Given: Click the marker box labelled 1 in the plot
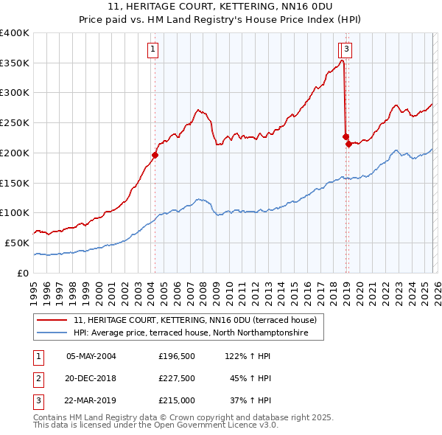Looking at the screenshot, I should [152, 50].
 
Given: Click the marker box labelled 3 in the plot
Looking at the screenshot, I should [346, 50].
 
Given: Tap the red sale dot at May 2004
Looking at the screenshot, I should [155, 155].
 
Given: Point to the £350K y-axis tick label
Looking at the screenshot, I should [15, 63].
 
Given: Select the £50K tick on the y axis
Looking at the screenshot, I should [18, 243].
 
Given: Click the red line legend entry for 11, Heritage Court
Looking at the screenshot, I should [194, 320].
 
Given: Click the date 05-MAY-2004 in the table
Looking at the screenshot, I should [91, 356].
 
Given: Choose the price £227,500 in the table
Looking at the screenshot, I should [177, 379].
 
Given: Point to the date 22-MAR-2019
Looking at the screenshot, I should [91, 402].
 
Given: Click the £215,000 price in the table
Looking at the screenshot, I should [177, 402].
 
